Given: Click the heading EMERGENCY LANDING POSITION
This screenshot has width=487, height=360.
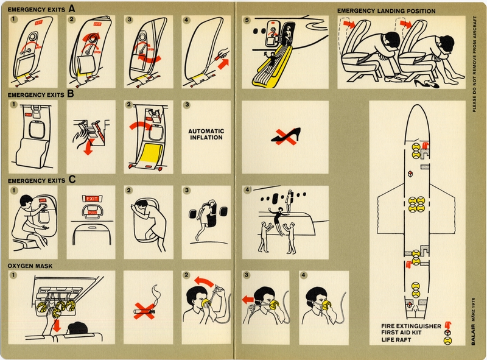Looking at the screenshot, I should point(387,11).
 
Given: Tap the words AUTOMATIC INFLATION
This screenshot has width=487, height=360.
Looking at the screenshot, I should point(206,134).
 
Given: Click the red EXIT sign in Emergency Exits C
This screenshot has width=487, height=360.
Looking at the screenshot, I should point(91,198).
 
